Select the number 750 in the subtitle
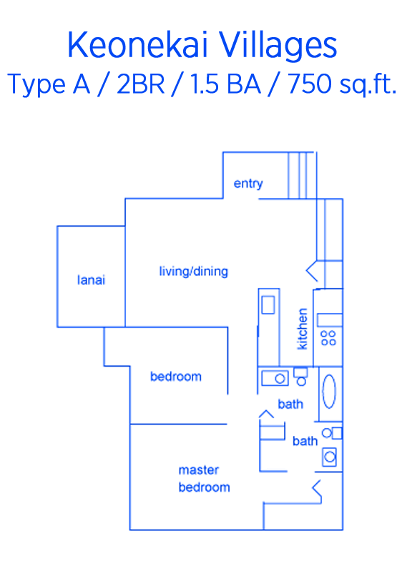point(310,84)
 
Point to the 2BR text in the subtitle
point(140,84)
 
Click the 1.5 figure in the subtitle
point(204,84)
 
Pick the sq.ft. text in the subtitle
point(368,85)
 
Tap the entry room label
point(248,184)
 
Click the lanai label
point(91,279)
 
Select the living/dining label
point(194,272)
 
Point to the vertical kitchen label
point(303,329)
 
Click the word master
point(199,470)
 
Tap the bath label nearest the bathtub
point(290,404)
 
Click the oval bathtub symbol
point(329,392)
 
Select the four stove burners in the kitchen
point(328,338)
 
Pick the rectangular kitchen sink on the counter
point(268,305)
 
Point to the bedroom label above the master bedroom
point(176,377)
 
